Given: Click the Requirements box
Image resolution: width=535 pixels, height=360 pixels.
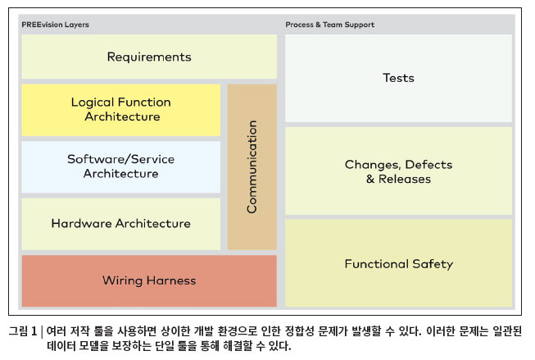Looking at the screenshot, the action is pos(149,57).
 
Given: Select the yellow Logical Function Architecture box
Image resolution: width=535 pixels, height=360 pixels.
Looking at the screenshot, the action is pos(120,110).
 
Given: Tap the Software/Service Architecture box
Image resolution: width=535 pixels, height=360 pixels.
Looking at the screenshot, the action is pos(120,166).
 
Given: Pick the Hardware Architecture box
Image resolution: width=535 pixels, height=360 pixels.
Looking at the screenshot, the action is pos(120,224).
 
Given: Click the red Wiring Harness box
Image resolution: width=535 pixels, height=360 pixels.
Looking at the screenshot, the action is pos(149,280).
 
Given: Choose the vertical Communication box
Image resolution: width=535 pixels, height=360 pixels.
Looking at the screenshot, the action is pos(252,167).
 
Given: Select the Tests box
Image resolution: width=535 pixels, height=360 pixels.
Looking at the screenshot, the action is pos(398,78).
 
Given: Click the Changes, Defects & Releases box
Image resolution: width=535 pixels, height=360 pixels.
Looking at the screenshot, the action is pos(398,171).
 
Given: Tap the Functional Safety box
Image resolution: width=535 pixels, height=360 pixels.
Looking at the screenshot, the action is pos(398,263).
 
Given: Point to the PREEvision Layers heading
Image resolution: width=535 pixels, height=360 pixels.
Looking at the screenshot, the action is pos(55,25).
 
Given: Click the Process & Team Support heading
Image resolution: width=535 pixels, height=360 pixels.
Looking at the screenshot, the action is pos(330,25).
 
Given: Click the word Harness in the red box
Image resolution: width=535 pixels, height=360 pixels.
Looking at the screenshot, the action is pos(171,280).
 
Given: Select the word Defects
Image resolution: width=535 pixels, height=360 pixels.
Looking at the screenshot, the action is pos(428,165).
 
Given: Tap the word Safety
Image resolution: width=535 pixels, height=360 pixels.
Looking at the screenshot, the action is pos(433,264).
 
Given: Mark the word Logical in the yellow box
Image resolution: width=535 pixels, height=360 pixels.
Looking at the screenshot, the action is pos(93,103).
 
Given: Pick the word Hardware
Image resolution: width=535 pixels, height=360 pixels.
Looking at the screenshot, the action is pos(82,223).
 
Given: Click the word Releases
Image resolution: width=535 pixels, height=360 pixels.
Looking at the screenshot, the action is pos(405,179).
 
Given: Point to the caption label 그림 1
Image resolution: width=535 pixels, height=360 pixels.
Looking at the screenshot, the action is pos(22,331).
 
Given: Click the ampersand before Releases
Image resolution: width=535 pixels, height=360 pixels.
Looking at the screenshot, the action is pos(370,179).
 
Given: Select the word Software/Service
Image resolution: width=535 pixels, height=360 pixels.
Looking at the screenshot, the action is pos(120,159).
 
